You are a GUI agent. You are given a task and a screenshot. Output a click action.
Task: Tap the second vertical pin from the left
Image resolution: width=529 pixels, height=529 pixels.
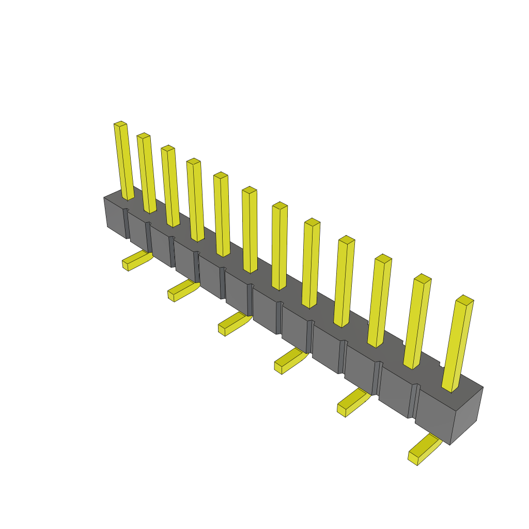[147, 174]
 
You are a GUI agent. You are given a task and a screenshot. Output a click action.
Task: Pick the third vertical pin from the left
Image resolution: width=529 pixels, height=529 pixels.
[170, 186]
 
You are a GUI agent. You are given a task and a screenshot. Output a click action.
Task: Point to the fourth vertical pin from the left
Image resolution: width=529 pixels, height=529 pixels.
[195, 200]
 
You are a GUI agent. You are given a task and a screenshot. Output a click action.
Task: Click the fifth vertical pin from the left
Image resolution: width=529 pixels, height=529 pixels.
[222, 215]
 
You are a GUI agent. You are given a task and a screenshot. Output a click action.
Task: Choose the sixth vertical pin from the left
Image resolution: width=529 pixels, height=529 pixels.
[250, 230]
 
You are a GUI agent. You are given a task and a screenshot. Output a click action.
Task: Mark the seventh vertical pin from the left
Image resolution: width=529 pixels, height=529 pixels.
[279, 246]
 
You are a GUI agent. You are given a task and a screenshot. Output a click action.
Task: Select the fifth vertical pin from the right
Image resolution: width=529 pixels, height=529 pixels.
[311, 263]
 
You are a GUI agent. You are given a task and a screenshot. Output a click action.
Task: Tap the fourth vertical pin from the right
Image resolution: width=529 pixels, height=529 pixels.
[344, 282]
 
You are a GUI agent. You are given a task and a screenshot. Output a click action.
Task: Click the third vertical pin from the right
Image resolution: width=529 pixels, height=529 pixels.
[380, 301]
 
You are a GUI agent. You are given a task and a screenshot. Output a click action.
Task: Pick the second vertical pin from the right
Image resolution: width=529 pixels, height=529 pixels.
[417, 322]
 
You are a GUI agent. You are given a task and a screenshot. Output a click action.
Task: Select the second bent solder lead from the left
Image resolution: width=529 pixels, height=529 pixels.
[182, 290]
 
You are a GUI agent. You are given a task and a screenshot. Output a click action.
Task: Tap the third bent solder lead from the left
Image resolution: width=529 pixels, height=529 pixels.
[234, 323]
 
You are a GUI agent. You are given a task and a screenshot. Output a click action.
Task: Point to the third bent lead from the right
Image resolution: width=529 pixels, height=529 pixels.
[290, 360]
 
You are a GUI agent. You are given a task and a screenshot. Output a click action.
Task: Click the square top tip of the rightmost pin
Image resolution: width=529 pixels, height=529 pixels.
[465, 300]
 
